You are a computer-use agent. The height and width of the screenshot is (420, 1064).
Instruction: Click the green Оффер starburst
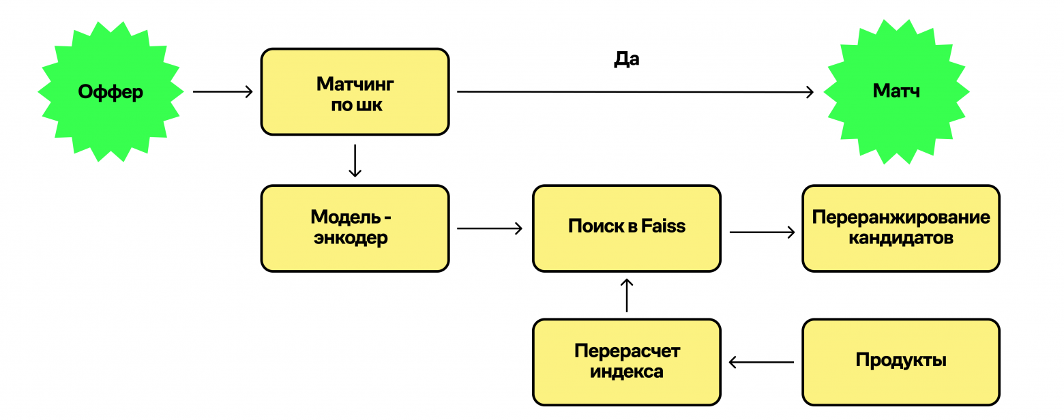point(110,91)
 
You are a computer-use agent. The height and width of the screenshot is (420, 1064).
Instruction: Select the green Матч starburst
point(896,91)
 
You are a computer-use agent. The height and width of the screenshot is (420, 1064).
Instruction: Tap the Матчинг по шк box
point(355,91)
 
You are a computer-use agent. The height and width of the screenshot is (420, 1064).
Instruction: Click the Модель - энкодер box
point(355,228)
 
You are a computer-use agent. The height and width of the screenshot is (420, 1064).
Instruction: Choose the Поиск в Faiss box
point(626,228)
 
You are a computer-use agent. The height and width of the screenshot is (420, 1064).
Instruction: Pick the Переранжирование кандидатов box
point(900,228)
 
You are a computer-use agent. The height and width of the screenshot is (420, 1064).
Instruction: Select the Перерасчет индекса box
point(626,362)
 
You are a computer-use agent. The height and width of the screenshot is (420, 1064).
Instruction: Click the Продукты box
point(900,362)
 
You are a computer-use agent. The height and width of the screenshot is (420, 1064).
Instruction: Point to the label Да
point(626,59)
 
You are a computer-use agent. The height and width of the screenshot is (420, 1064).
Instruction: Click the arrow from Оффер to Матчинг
point(223,91)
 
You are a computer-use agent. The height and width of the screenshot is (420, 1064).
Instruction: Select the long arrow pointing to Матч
point(634,91)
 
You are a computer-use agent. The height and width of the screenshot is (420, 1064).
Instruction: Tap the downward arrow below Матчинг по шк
point(355,161)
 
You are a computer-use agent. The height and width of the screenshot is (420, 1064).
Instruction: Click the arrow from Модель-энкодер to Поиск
point(490,228)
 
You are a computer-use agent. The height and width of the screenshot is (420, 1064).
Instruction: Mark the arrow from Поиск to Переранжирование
point(762,232)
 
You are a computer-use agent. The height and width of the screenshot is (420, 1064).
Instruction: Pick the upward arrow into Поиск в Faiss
point(627,295)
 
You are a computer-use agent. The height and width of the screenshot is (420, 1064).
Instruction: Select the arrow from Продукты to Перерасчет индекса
point(761,362)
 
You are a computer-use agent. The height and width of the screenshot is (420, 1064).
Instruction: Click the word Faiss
point(664,226)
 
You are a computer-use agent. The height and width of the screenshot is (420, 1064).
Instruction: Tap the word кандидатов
point(900,239)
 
